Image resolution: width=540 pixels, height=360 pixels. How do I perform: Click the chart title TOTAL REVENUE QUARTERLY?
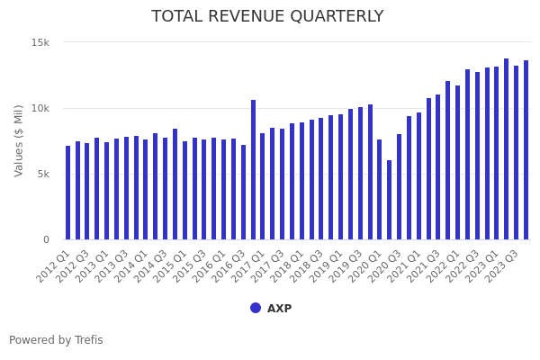pyautogui.click(x=267, y=17)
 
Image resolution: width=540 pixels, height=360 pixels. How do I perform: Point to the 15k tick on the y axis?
pyautogui.click(x=40, y=43)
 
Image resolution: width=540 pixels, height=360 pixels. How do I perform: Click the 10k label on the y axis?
pyautogui.click(x=40, y=109)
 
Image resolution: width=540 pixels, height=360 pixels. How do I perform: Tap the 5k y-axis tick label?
pyautogui.click(x=43, y=175)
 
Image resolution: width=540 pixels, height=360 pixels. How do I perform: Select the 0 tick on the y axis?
pyautogui.click(x=46, y=240)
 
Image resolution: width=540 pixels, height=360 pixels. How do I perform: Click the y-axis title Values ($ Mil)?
pyautogui.click(x=20, y=140)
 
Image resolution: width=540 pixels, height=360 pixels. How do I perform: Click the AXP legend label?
pyautogui.click(x=279, y=309)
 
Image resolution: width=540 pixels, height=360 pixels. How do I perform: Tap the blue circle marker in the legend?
pyautogui.click(x=256, y=308)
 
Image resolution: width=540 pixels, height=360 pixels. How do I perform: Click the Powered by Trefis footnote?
pyautogui.click(x=56, y=340)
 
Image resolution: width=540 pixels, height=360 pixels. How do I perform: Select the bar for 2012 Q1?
pyautogui.click(x=67, y=193)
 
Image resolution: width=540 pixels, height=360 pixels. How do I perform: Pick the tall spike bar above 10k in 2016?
pyautogui.click(x=253, y=170)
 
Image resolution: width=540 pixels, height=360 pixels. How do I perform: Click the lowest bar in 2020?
pyautogui.click(x=389, y=200)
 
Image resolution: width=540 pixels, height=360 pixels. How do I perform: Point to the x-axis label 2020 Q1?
pyautogui.click(x=368, y=266)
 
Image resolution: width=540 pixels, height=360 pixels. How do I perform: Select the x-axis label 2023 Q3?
pyautogui.click(x=505, y=266)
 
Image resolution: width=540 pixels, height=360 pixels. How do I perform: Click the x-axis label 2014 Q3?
pyautogui.click(x=153, y=266)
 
